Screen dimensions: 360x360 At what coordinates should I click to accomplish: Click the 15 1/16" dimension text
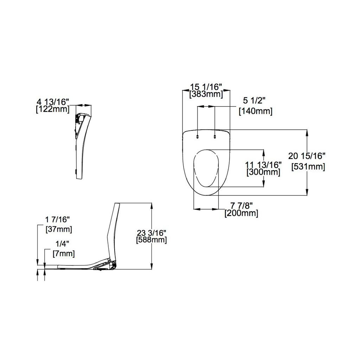[206, 87]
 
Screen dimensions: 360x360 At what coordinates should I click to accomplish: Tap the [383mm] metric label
[206, 94]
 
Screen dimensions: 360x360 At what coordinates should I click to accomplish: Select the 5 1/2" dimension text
[254, 101]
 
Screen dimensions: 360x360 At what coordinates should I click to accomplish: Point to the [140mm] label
[256, 111]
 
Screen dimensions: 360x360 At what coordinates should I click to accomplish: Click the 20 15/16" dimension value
[307, 156]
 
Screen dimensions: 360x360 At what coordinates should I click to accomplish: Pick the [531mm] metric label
[308, 167]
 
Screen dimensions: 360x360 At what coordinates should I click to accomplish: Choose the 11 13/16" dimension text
[263, 165]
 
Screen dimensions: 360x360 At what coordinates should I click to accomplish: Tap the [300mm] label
[263, 172]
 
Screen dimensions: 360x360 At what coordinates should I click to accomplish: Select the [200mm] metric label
[241, 213]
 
